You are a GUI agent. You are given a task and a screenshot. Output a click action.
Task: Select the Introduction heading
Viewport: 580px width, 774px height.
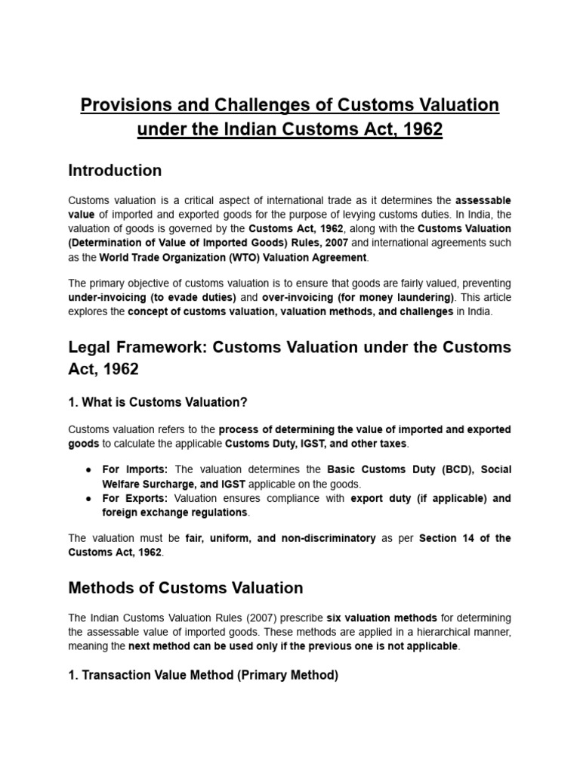coord(115,171)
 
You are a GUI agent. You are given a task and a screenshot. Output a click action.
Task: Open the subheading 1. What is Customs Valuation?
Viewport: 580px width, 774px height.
coord(158,401)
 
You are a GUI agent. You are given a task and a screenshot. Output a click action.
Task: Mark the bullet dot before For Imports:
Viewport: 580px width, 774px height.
coord(89,470)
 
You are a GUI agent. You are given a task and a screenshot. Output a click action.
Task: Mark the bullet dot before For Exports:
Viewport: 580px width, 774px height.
coord(89,499)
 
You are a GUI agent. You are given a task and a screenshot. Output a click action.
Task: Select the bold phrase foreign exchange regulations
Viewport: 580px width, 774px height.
coord(174,512)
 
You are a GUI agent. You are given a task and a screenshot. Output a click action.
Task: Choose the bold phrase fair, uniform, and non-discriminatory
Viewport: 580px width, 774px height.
coord(281,538)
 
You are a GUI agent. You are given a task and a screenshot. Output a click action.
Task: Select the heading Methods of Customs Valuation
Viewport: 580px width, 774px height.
coord(186,587)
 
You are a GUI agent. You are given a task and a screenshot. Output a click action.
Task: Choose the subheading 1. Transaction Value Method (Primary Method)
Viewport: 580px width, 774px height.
coord(203,675)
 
